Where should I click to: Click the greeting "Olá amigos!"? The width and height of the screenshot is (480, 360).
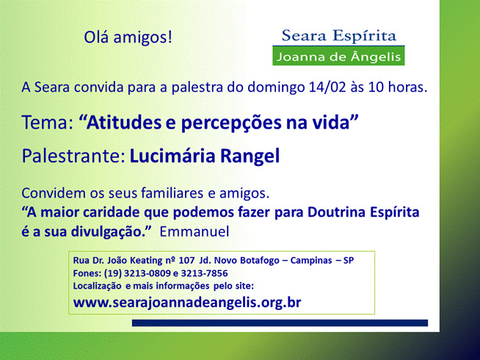[128, 37]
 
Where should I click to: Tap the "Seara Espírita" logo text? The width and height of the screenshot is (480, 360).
[339, 35]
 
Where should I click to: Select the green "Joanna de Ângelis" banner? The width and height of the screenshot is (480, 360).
[338, 56]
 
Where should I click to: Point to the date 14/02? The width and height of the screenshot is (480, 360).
[327, 87]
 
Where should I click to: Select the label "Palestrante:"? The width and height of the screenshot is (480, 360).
[73, 156]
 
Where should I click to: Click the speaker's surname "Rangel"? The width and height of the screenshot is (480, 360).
[250, 156]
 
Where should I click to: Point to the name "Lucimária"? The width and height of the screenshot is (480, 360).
[172, 156]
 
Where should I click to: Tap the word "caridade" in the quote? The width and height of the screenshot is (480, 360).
[112, 212]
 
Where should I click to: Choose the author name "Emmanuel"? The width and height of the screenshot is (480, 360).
[194, 231]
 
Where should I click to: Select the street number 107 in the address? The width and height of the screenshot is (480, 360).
[186, 260]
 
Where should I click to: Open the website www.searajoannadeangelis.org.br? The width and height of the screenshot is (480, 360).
[187, 303]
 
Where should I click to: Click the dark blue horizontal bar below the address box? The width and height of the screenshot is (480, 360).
[280, 323]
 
